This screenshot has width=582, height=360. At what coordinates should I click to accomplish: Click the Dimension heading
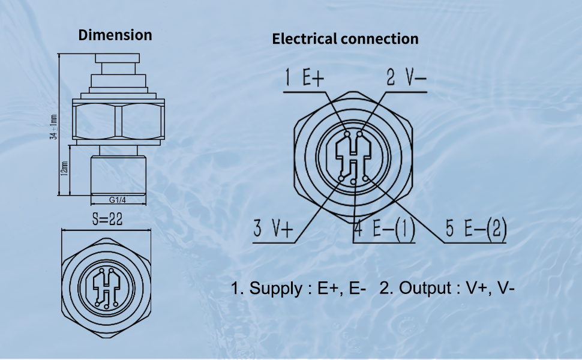pyautogui.click(x=115, y=35)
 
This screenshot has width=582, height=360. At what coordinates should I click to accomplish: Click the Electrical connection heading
pyautogui.click(x=345, y=39)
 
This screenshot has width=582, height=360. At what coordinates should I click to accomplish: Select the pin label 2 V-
pyautogui.click(x=406, y=79)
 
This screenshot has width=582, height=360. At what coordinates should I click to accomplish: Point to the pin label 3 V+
pyautogui.click(x=274, y=229)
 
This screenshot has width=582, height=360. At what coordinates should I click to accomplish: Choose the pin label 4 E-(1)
pyautogui.click(x=385, y=229)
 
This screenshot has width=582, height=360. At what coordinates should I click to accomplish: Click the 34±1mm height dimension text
pyautogui.click(x=53, y=127)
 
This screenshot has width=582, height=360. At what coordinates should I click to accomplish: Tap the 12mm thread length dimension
pyautogui.click(x=64, y=170)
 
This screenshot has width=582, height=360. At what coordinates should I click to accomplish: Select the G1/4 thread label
pyautogui.click(x=118, y=200)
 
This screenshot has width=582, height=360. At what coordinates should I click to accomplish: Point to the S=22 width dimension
pyautogui.click(x=107, y=220)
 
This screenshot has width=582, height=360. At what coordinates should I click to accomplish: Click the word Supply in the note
pyautogui.click(x=276, y=289)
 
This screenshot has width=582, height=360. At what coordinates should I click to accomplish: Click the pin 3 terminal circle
pyautogui.click(x=340, y=178)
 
